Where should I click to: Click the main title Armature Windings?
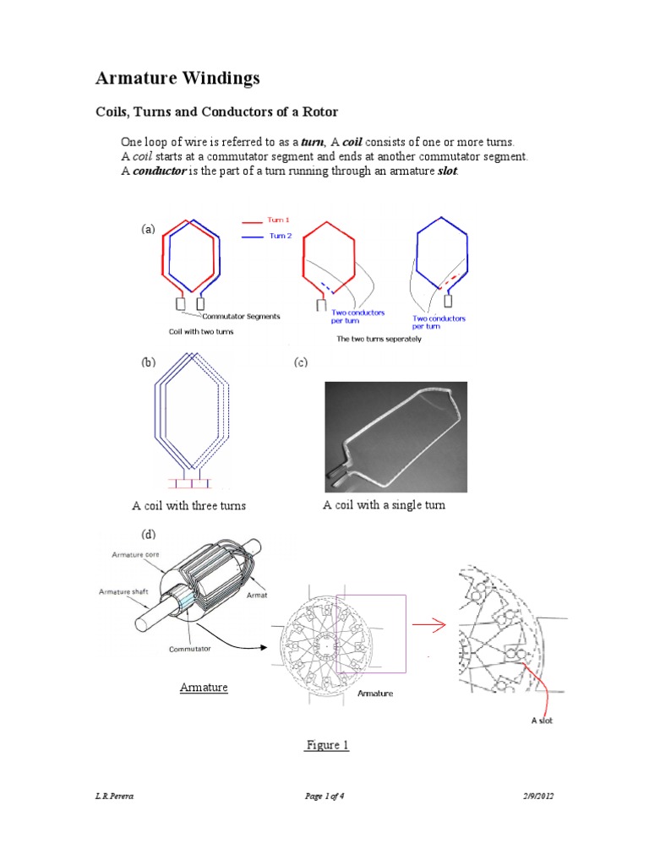(x=177, y=79)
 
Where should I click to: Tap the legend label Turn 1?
(x=279, y=220)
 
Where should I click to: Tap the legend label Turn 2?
(x=280, y=237)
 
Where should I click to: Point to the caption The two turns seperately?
(x=379, y=338)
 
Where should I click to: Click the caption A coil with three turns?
(x=188, y=506)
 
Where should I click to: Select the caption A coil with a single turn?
(x=384, y=505)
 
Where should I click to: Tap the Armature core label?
(x=135, y=554)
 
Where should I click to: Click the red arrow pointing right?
(x=429, y=626)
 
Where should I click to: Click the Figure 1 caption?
(x=326, y=745)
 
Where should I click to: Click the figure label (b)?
(x=149, y=363)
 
